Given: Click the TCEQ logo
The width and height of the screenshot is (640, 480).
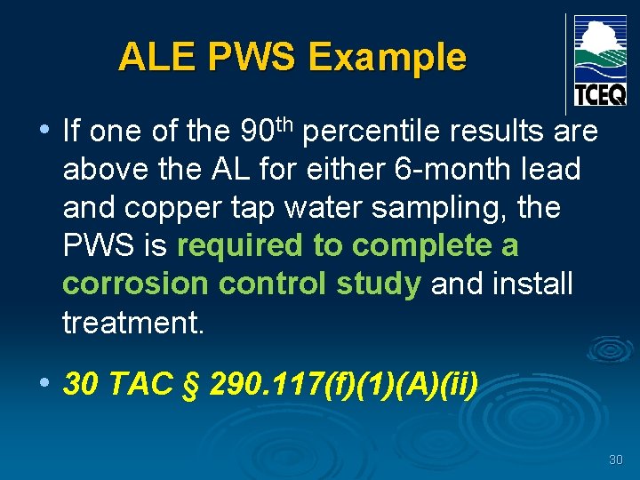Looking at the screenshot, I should [x=600, y=60].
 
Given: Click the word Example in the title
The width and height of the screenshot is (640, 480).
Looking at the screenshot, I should [x=387, y=58].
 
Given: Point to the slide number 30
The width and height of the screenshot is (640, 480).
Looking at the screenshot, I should [x=615, y=460].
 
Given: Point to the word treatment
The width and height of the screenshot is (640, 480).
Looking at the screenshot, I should [x=133, y=323].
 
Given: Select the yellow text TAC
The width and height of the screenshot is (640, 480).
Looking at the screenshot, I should [x=147, y=384].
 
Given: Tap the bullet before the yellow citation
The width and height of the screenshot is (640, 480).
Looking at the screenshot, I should [x=44, y=382].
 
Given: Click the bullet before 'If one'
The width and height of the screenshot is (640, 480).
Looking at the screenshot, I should [x=44, y=131].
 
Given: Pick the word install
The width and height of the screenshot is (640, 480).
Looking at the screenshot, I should [x=531, y=284].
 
